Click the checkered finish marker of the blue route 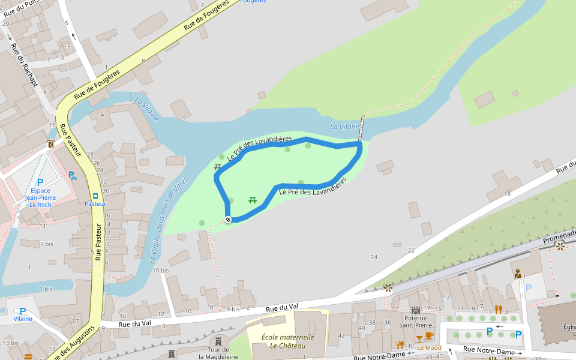(x=228, y=220)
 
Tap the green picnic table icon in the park (x=253, y=200)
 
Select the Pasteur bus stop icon (x=95, y=196)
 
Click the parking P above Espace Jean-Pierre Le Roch (x=40, y=182)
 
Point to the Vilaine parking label (x=23, y=319)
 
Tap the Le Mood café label (x=429, y=347)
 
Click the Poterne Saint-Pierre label (x=415, y=321)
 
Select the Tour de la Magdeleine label (x=218, y=353)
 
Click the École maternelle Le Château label (x=287, y=341)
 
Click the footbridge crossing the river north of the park (x=361, y=128)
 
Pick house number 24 (x=374, y=257)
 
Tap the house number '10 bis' (x=160, y=271)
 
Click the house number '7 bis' (x=46, y=244)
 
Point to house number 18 (x=507, y=193)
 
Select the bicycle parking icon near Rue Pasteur (x=73, y=176)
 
